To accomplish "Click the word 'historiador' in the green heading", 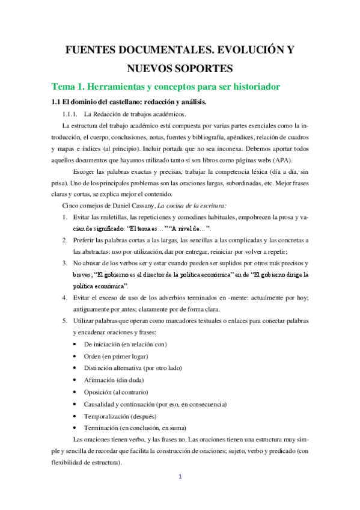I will [x=255, y=87].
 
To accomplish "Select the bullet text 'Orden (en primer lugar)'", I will [x=117, y=355].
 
